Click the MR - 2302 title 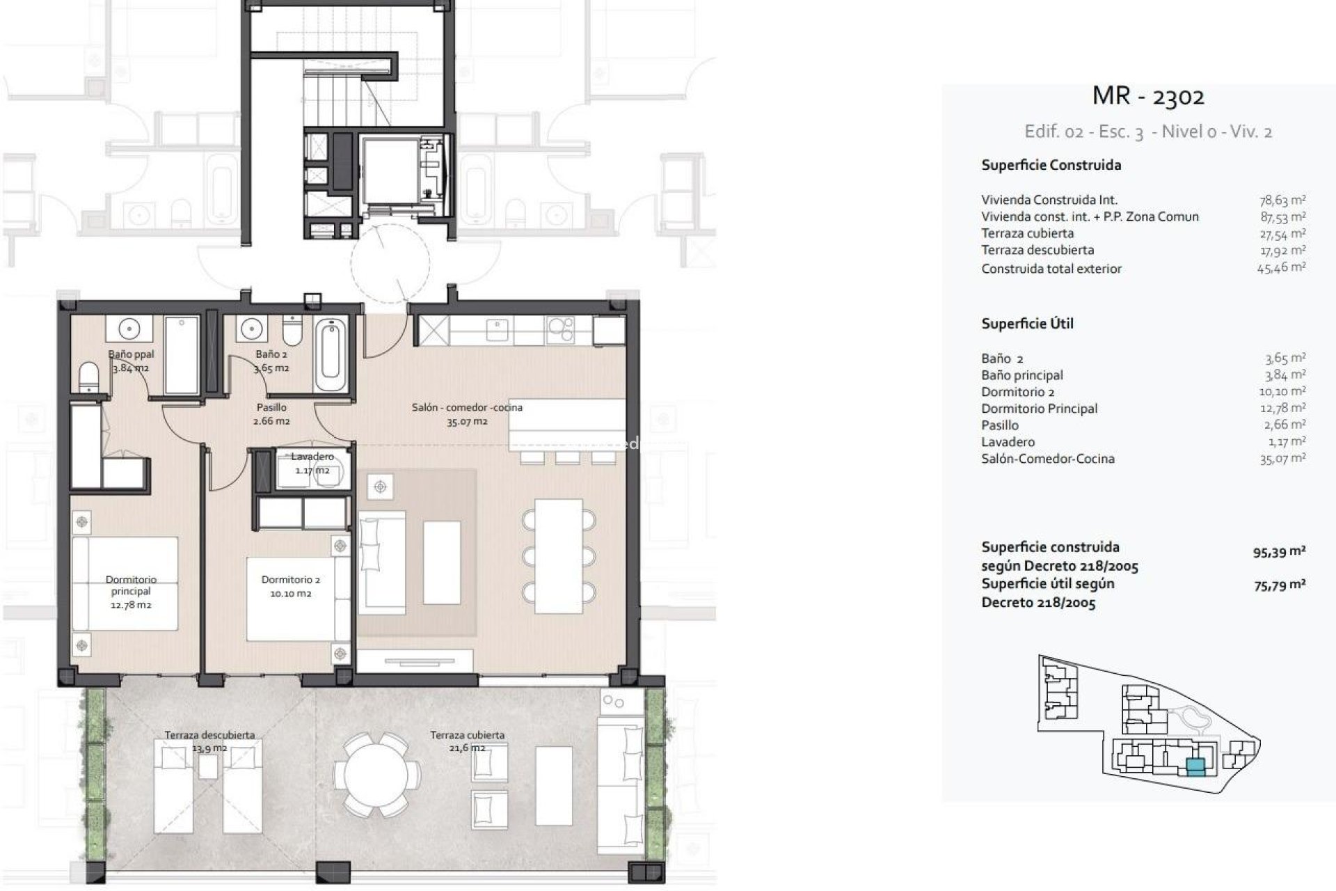1148,96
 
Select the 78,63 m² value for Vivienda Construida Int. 1282,200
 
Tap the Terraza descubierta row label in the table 1037,250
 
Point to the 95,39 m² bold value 1279,553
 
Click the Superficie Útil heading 1027,324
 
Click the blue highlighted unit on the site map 1195,767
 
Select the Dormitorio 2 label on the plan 291,580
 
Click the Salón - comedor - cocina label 467,408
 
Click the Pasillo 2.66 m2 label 271,414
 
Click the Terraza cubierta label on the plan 467,735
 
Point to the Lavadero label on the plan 312,457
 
